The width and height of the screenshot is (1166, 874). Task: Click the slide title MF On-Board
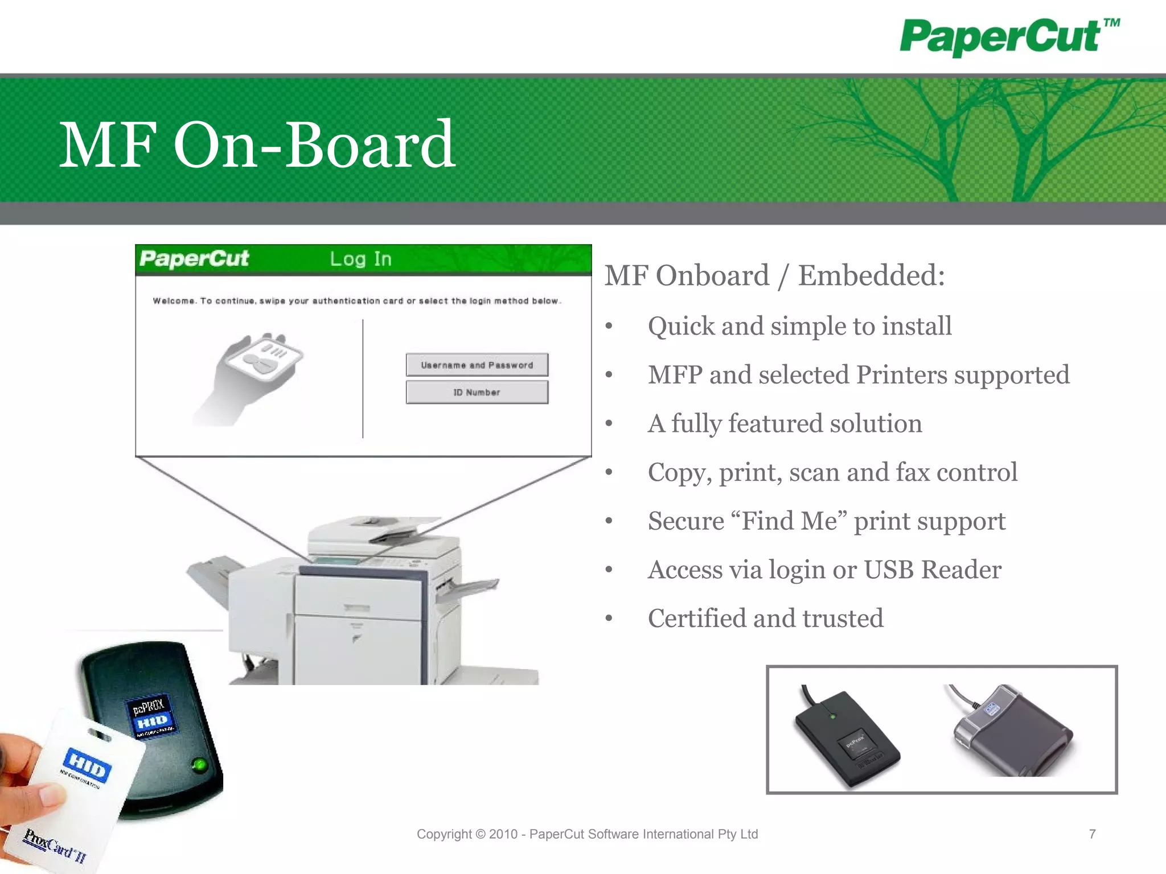coord(257,145)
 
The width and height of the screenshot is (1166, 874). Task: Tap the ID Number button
coord(477,393)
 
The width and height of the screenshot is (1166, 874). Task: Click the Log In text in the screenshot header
coord(360,259)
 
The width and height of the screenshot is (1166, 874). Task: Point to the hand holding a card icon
coord(250,376)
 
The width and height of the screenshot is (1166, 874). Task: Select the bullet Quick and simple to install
coord(799,327)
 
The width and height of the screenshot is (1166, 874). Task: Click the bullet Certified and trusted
coord(765,619)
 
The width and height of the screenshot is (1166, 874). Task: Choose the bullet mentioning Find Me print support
coord(826,521)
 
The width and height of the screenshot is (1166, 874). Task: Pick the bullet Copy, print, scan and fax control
coord(832,472)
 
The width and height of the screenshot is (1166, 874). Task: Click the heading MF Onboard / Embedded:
coord(774,276)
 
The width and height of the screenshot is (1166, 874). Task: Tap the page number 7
coord(1092,834)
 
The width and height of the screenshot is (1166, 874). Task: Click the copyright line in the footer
coord(587,834)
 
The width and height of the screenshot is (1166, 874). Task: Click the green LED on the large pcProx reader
coord(199,764)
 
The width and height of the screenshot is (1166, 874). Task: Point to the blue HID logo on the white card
coord(88,765)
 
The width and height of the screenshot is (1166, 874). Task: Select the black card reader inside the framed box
coord(846,737)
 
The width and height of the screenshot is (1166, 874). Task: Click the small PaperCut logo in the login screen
coord(194,259)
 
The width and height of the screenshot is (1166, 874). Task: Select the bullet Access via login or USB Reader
coord(824,570)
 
